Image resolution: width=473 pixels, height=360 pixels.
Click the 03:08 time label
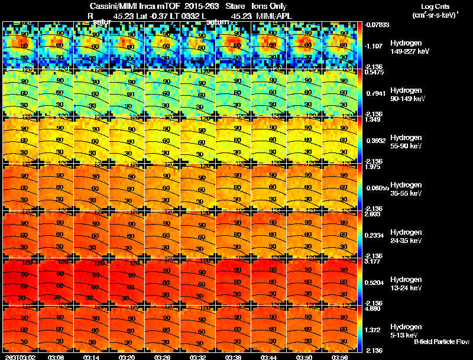pos(56,357)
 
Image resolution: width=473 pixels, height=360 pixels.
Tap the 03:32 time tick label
pos(198,357)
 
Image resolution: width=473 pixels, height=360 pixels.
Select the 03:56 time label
pos(340,357)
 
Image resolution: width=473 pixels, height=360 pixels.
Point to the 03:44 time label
pos(269,357)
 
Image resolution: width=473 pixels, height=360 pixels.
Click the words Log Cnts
pos(432,7)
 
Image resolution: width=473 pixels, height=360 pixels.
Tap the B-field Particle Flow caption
pos(441,342)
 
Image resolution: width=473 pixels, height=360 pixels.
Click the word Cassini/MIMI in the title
pos(113,7)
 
